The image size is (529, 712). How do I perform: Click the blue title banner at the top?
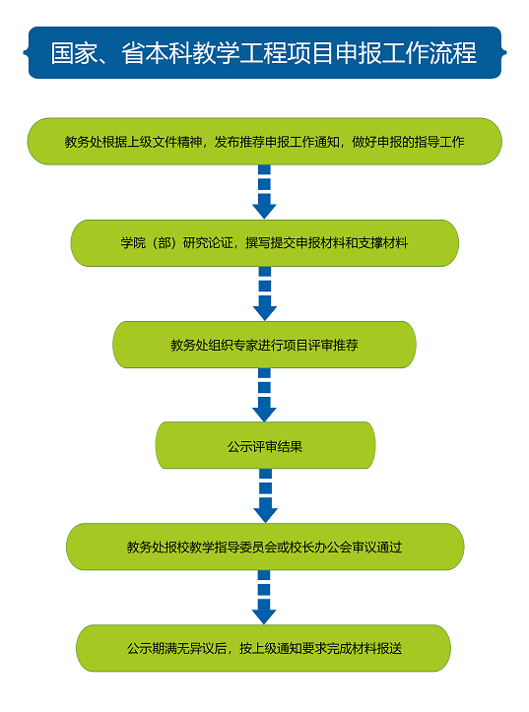pos(265,52)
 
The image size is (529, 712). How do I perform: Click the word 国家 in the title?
pos(74,52)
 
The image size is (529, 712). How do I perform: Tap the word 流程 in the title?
pos(453,52)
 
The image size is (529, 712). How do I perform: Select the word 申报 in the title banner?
pos(359,52)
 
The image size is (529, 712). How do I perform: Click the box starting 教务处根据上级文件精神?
pos(265,141)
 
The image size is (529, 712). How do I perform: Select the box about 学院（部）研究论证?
pos(265,243)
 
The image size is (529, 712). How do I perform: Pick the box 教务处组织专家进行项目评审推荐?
pos(264,345)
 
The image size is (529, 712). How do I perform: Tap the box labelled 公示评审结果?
pos(265,445)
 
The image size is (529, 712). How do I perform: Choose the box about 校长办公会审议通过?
pos(265,547)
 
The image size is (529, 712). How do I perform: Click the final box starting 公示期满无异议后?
pos(263,648)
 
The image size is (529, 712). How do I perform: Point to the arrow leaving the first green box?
pos(264,192)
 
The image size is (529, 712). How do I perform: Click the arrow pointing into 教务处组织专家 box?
pos(265,293)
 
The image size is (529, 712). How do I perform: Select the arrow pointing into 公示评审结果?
pos(264,395)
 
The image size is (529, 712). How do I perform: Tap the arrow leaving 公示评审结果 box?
pos(266,496)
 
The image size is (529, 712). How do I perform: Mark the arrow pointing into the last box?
pos(264,598)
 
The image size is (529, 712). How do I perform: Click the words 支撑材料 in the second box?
pos(383,243)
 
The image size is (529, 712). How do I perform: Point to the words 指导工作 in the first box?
pos(439,142)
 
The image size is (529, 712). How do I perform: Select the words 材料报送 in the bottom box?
pos(377,648)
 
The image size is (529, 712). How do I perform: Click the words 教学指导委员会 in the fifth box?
pos(233,548)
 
